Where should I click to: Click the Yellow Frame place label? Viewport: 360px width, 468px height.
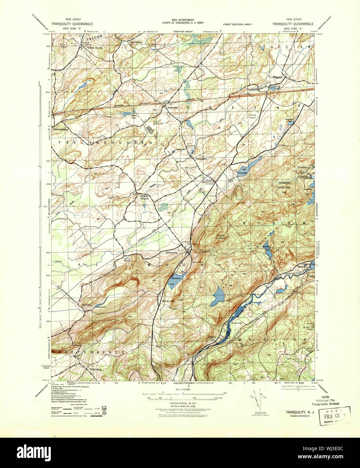pos(95,48)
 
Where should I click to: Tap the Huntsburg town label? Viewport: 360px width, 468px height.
pos(136,42)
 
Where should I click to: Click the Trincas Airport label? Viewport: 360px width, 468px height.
pos(253,116)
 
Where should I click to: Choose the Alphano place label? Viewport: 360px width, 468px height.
pos(87,305)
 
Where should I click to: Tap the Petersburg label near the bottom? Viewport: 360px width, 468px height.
pos(96,369)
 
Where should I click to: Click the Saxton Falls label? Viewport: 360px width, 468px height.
pos(212,338)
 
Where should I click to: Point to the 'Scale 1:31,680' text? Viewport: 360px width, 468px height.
pos(183,390)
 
